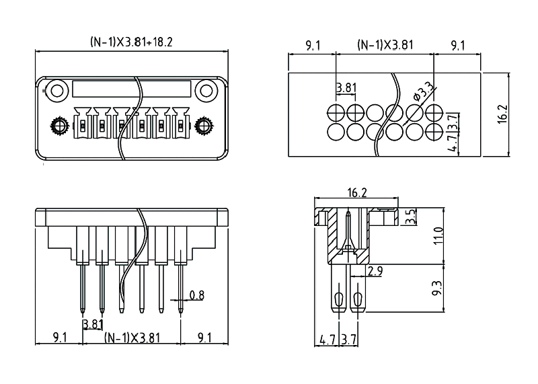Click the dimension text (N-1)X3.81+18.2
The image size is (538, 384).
tap(132, 42)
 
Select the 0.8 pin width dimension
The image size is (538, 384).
tap(197, 295)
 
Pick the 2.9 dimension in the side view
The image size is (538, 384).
tap(375, 271)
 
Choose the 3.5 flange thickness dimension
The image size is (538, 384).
tap(412, 217)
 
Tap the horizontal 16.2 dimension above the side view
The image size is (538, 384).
tap(356, 193)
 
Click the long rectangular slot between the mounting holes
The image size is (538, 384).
tap(131, 88)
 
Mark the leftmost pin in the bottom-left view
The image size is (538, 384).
tap(82, 289)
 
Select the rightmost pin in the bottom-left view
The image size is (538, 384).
tap(181, 289)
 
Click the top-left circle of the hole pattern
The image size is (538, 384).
tap(336, 112)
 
